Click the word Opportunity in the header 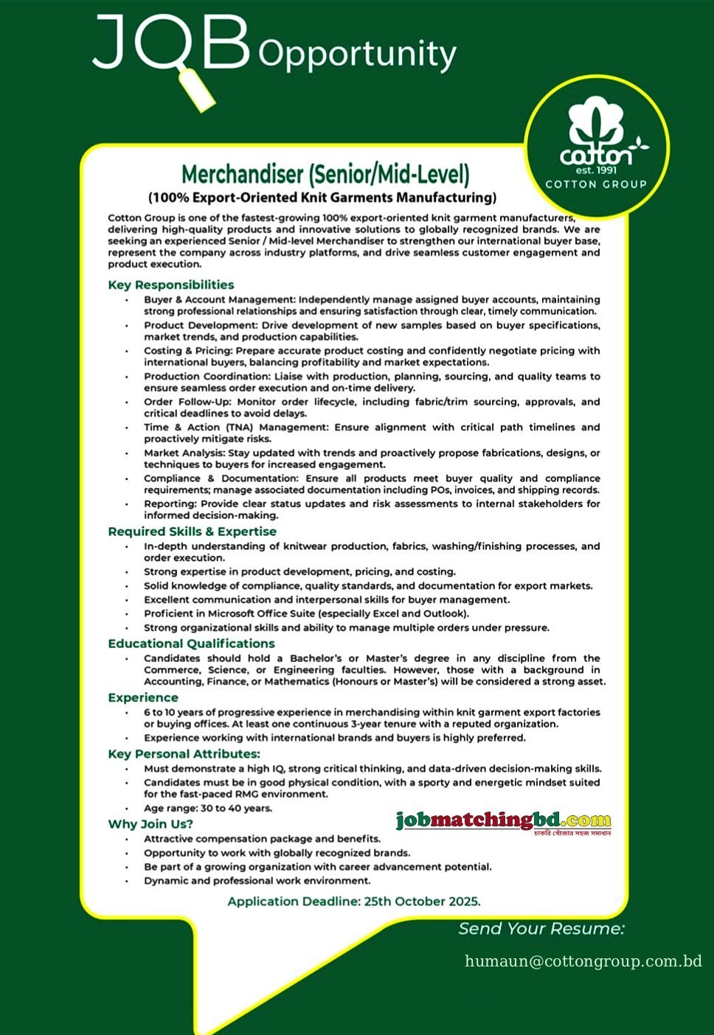pyautogui.click(x=358, y=55)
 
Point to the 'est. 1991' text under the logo pyautogui.click(x=595, y=170)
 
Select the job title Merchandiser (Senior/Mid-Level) pyautogui.click(x=325, y=175)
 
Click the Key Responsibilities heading pyautogui.click(x=170, y=285)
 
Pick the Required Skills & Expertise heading pyautogui.click(x=192, y=531)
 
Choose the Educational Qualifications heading pyautogui.click(x=191, y=643)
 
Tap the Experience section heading pyautogui.click(x=142, y=697)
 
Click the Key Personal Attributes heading pyautogui.click(x=184, y=753)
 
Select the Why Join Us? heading pyautogui.click(x=150, y=823)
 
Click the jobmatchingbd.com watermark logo pyautogui.click(x=504, y=821)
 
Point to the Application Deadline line pyautogui.click(x=354, y=901)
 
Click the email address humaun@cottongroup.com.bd pyautogui.click(x=583, y=961)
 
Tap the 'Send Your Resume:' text pyautogui.click(x=541, y=928)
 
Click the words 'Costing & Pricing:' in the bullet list pyautogui.click(x=188, y=350)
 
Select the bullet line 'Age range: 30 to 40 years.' pyautogui.click(x=208, y=808)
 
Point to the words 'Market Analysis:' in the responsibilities pyautogui.click(x=184, y=453)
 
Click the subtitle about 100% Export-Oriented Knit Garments pyautogui.click(x=322, y=198)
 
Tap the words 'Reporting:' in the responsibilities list pyautogui.click(x=170, y=503)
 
